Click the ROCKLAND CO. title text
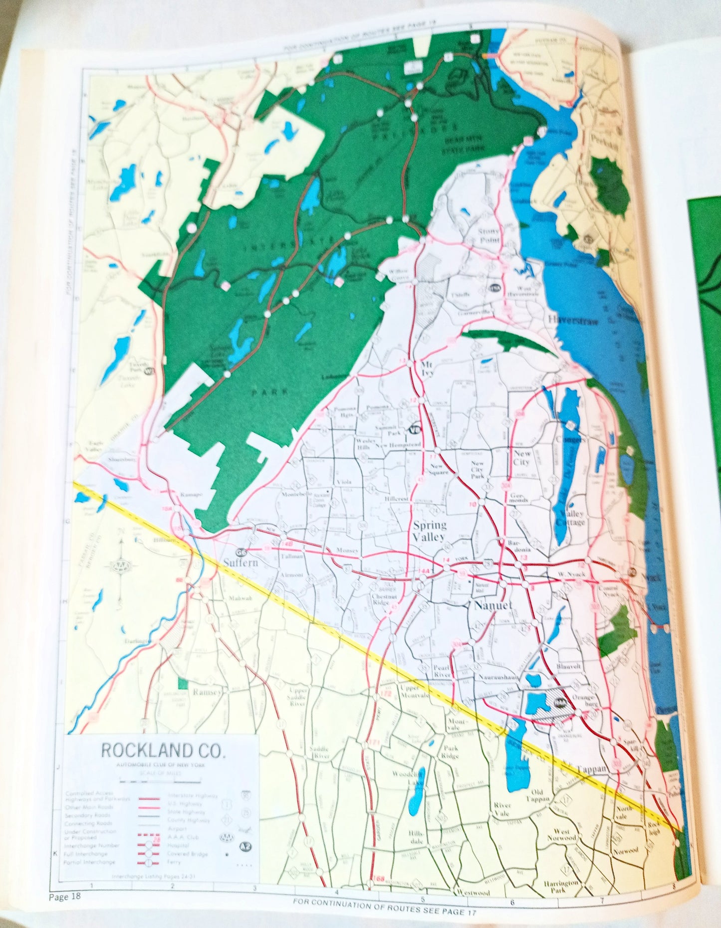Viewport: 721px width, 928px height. (x=164, y=750)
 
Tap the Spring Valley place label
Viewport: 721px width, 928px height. (x=430, y=531)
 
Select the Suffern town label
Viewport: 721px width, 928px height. (x=241, y=562)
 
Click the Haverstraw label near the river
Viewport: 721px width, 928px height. (x=574, y=320)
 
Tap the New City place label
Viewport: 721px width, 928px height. (x=522, y=458)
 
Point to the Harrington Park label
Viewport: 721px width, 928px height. (x=562, y=886)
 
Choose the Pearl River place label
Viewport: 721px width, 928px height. (x=442, y=671)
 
